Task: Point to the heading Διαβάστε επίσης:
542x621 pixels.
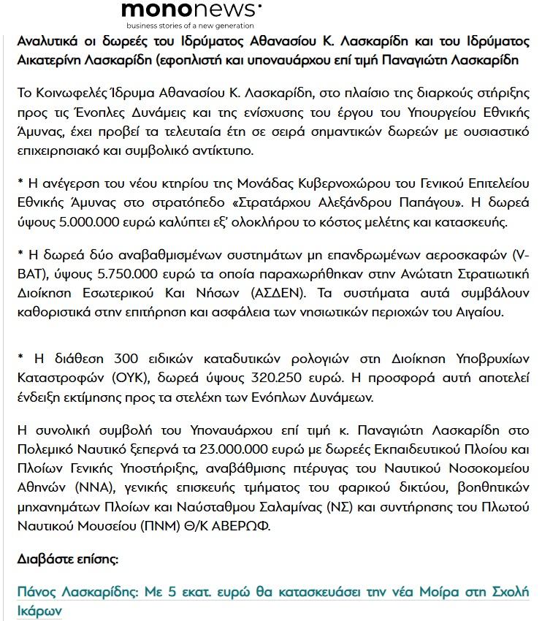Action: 67,559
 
